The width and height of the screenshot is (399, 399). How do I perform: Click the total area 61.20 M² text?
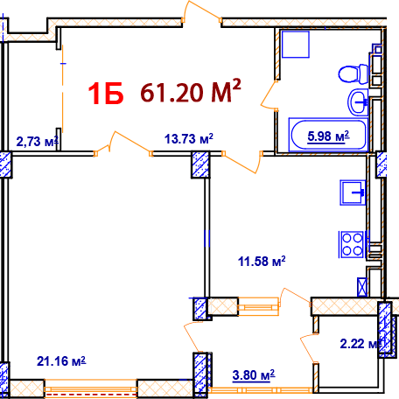[191, 92]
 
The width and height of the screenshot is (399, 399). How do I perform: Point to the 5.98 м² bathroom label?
[319, 135]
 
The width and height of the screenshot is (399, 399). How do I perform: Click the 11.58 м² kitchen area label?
[262, 261]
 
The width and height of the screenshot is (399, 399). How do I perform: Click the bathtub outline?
[318, 135]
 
